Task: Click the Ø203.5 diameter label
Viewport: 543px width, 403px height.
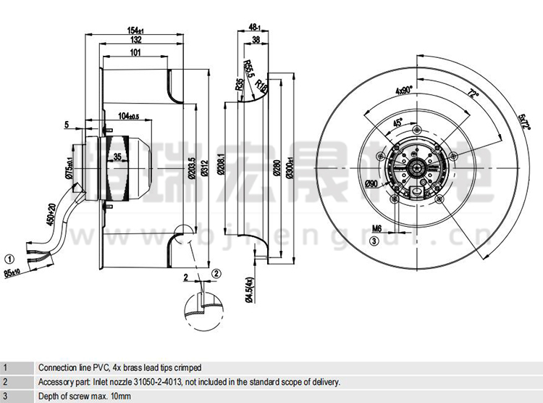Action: pyautogui.click(x=192, y=169)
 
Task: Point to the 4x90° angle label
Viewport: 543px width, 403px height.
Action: pyautogui.click(x=403, y=91)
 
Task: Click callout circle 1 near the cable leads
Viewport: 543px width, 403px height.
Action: pyautogui.click(x=9, y=257)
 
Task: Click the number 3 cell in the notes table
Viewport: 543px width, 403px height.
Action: pyautogui.click(x=6, y=395)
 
